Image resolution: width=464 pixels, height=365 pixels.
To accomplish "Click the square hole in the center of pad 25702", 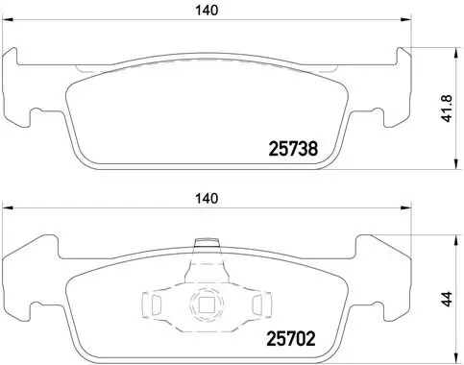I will coord(205,307).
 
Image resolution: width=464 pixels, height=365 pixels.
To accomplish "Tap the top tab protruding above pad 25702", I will coord(203,248).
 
